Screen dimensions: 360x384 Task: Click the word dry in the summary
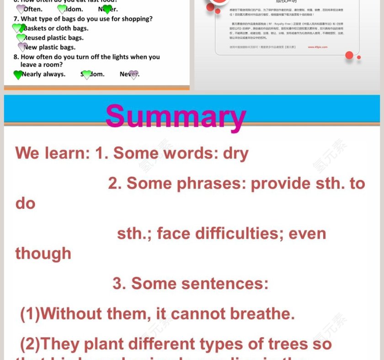(x=235, y=153)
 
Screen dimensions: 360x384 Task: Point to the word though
(x=43, y=253)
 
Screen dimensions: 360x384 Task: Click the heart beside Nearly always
(x=18, y=74)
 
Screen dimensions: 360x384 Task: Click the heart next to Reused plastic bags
(x=21, y=38)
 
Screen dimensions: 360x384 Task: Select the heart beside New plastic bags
(x=22, y=47)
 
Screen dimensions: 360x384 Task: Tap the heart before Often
(x=21, y=9)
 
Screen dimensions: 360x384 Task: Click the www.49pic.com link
(x=317, y=47)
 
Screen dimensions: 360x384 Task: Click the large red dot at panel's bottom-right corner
(x=349, y=55)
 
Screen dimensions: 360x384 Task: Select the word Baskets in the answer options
(x=35, y=28)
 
